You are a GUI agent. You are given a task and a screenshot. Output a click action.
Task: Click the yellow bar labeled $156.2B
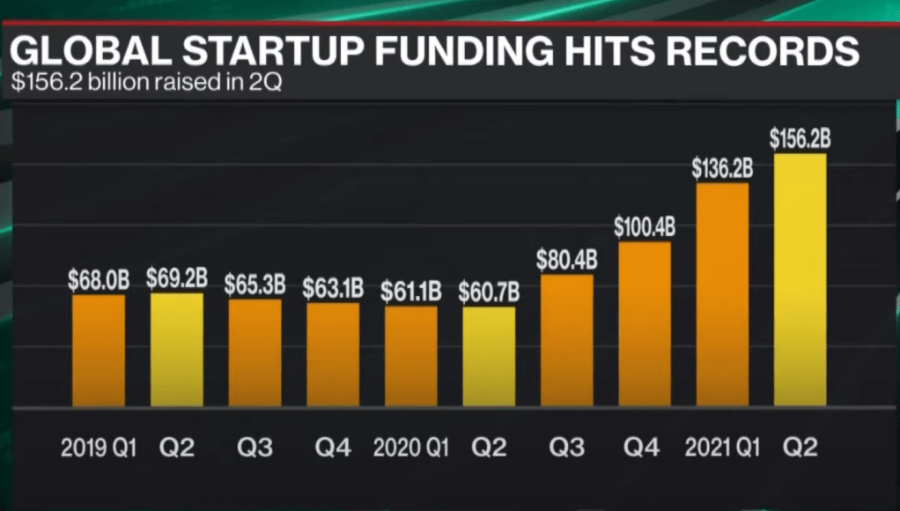pyautogui.click(x=800, y=280)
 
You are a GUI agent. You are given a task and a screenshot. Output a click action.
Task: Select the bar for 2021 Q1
pyautogui.click(x=722, y=294)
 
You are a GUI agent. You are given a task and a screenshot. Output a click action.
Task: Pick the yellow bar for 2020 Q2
pyautogui.click(x=489, y=356)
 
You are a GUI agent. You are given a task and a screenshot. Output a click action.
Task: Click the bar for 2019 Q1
pyautogui.click(x=99, y=351)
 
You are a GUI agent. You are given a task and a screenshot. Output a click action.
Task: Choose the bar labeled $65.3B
pyautogui.click(x=255, y=352)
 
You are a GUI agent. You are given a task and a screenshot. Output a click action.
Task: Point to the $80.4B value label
pyautogui.click(x=567, y=260)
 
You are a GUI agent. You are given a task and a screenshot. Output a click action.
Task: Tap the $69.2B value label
pyautogui.click(x=177, y=279)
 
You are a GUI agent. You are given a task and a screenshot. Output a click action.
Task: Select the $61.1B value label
pyautogui.click(x=411, y=292)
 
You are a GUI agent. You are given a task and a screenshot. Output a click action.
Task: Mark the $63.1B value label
pyautogui.click(x=333, y=288)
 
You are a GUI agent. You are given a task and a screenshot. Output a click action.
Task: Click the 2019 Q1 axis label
pyautogui.click(x=98, y=448)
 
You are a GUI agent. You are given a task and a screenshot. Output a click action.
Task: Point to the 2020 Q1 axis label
pyautogui.click(x=409, y=448)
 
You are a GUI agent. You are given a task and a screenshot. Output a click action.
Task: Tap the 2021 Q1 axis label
pyautogui.click(x=721, y=448)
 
